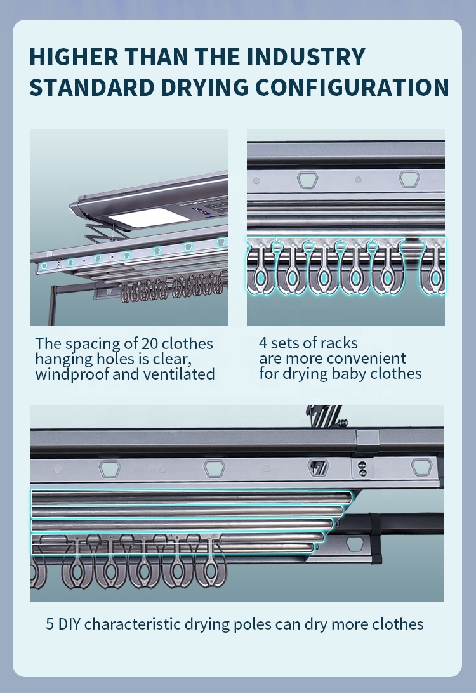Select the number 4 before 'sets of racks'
pyautogui.click(x=263, y=343)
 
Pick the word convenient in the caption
pyautogui.click(x=369, y=359)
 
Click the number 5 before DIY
pyautogui.click(x=50, y=624)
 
